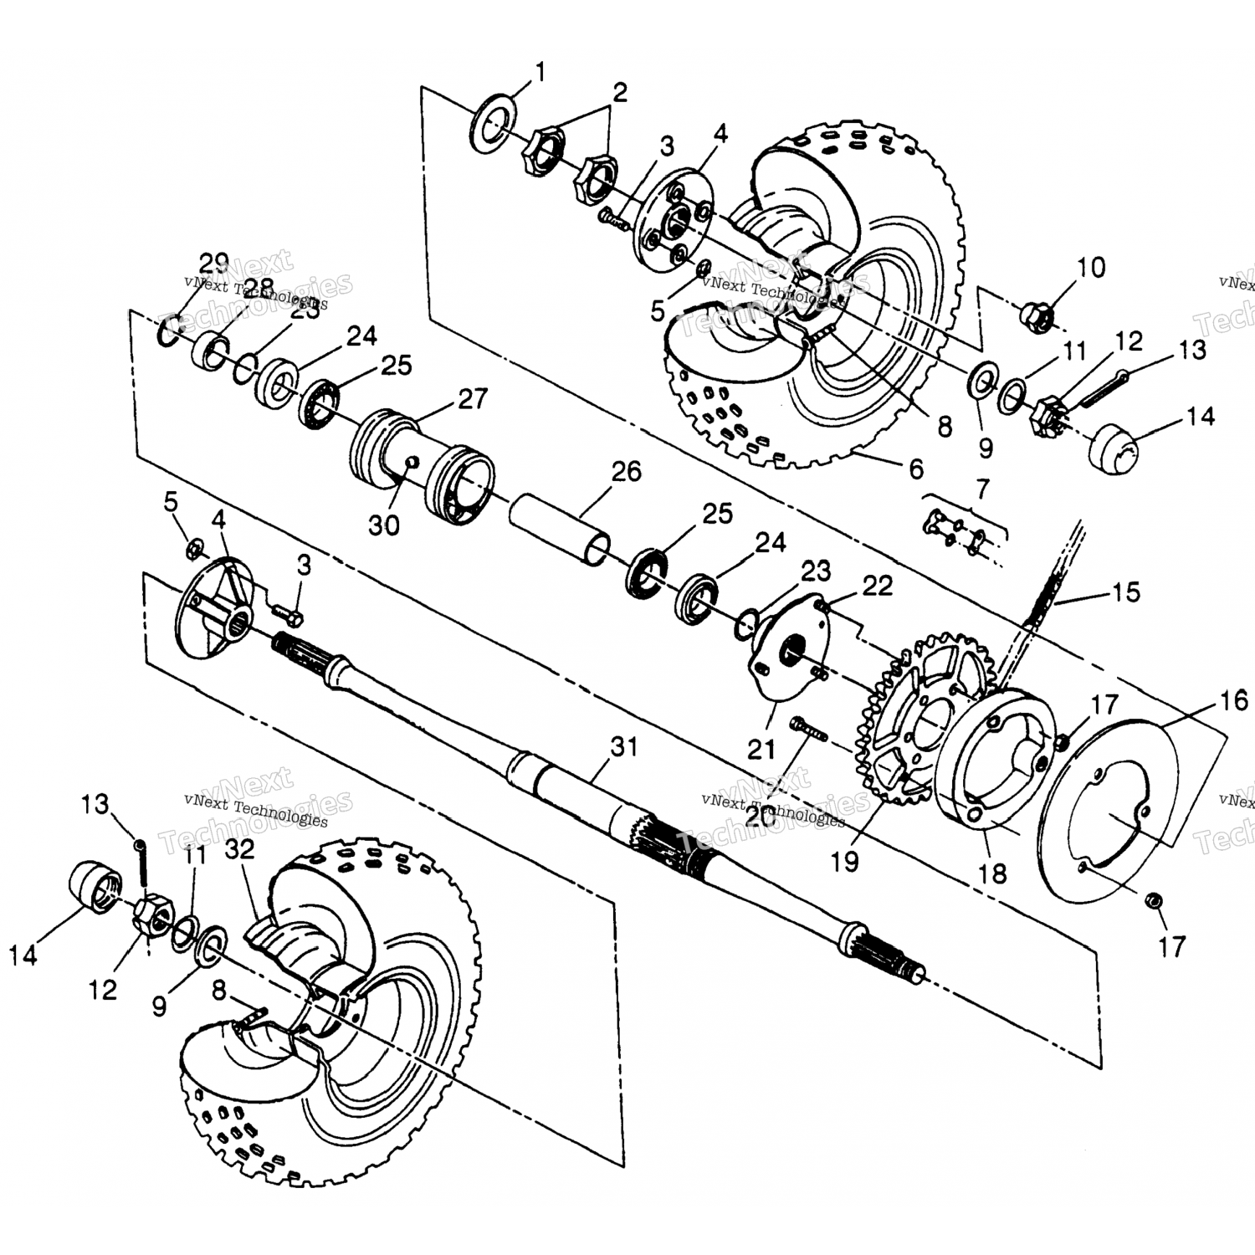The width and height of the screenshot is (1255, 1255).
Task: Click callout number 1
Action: [540, 73]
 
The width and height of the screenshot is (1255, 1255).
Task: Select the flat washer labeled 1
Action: [493, 125]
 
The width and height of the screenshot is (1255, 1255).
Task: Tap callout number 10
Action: [1090, 268]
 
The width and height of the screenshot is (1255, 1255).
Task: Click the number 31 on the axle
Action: [624, 746]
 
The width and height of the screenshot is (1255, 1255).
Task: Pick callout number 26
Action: [626, 472]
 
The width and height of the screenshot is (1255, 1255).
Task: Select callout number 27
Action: [473, 399]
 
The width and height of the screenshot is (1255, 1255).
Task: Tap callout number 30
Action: [385, 525]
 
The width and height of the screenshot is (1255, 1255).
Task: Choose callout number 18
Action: [992, 873]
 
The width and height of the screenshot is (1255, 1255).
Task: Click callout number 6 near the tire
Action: [916, 469]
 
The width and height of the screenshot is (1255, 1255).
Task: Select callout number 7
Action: [981, 487]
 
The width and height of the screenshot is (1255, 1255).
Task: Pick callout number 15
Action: [1126, 592]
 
